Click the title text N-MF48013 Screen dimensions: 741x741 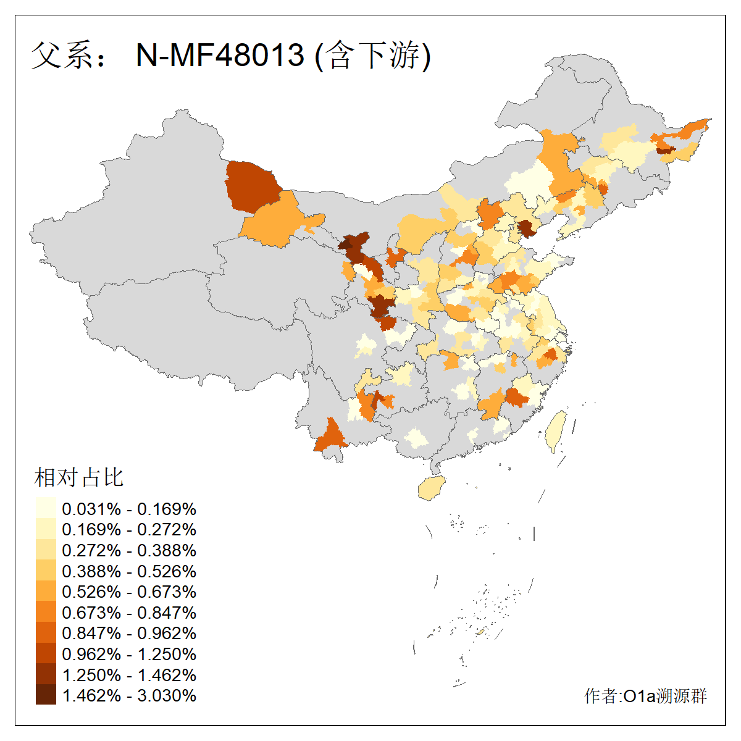(220, 55)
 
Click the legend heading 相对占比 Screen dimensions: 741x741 (79, 477)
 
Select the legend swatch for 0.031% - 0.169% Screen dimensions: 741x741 (46, 508)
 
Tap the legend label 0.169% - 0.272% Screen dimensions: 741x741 (129, 530)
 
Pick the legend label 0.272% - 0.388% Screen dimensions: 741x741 (129, 550)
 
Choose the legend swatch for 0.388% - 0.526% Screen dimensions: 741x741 (46, 571)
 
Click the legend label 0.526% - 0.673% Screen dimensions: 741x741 (129, 592)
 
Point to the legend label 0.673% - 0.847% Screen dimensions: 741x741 (129, 613)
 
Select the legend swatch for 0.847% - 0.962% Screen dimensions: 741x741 (46, 633)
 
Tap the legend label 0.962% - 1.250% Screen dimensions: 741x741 (129, 654)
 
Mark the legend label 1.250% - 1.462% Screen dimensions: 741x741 (129, 675)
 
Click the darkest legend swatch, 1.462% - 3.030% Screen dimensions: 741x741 (46, 695)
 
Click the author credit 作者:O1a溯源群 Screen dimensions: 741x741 (645, 696)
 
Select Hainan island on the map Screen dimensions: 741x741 (431, 488)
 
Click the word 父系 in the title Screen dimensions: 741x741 (59, 55)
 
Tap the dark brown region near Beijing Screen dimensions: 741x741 (526, 228)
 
